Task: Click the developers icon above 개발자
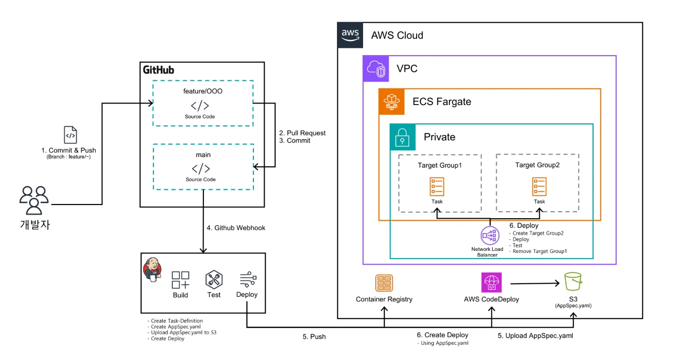click(34, 200)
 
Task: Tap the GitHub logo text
click(158, 70)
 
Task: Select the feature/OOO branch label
click(203, 91)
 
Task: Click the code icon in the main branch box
click(200, 169)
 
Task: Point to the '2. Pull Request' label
click(302, 133)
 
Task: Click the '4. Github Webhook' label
click(236, 228)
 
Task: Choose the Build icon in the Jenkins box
click(180, 280)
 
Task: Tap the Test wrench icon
click(214, 280)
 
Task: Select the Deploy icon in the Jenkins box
click(247, 279)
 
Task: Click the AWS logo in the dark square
click(350, 35)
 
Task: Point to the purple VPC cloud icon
click(376, 69)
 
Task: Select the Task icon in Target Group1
click(437, 187)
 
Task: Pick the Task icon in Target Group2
click(539, 187)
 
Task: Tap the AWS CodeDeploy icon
click(492, 282)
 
